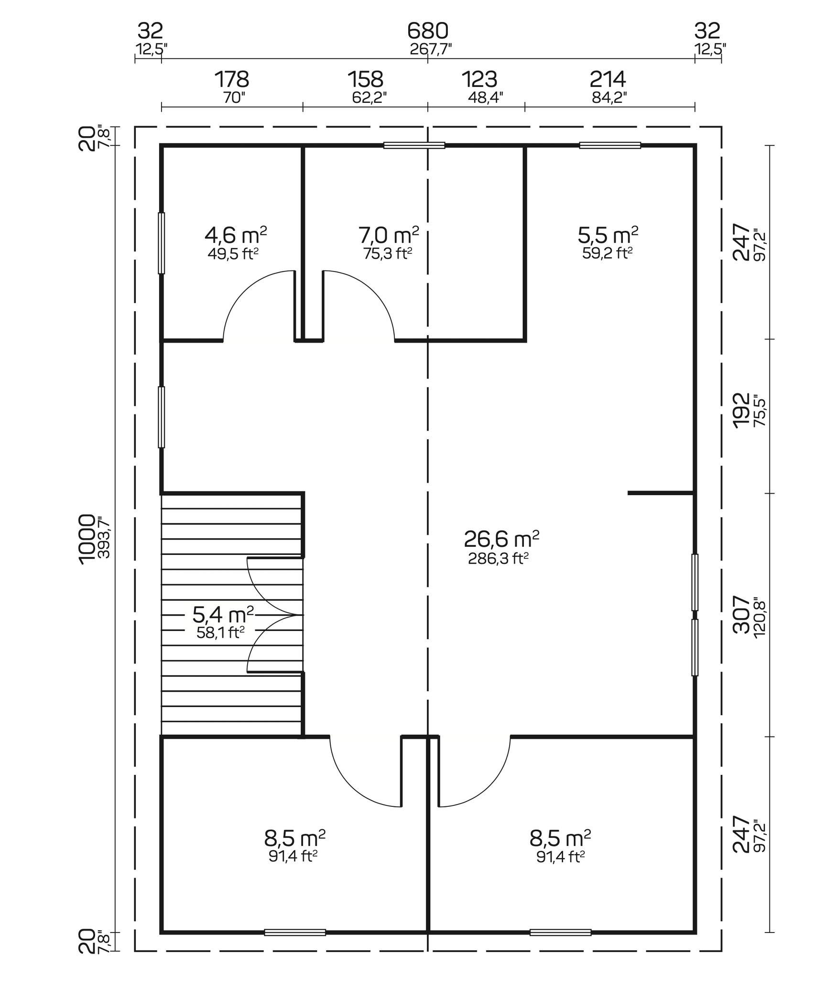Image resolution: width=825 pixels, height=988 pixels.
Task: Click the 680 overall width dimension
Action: [x=427, y=32]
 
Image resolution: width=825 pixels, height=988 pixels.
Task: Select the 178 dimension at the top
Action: [x=232, y=79]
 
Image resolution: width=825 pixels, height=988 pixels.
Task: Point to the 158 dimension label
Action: [x=366, y=79]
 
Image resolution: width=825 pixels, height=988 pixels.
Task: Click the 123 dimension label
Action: [x=479, y=79]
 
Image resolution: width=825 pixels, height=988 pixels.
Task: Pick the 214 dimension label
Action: [x=608, y=79]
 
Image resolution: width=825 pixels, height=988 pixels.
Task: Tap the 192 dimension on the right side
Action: [x=741, y=410]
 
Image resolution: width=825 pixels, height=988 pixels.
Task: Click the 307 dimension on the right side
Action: [x=741, y=614]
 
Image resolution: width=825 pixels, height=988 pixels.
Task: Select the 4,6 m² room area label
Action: [x=235, y=235]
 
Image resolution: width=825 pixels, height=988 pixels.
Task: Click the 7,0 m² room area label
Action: [x=389, y=235]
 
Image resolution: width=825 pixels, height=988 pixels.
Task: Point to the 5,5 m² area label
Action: [x=608, y=235]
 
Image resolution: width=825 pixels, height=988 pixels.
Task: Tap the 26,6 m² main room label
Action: [x=501, y=539]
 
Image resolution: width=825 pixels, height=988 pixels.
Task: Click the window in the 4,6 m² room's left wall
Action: [x=162, y=243]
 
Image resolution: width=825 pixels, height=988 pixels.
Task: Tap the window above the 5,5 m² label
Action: [x=610, y=145]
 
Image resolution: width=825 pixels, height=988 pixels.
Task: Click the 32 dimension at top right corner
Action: [x=707, y=32]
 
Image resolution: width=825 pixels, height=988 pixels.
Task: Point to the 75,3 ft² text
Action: [x=387, y=253]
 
